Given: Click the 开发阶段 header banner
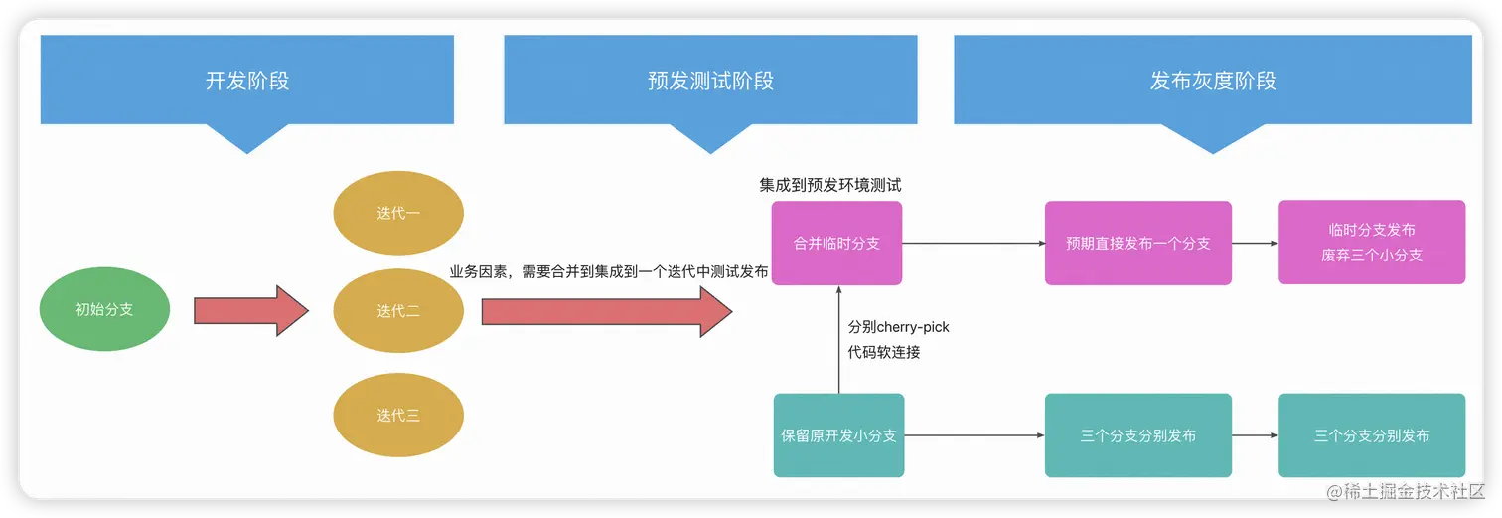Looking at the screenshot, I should (x=246, y=81).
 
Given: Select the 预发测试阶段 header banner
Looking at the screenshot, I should (x=709, y=81).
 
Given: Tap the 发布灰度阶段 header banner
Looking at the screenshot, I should (x=1212, y=81).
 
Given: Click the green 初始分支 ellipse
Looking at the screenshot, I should (x=104, y=309).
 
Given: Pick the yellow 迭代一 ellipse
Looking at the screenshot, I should (x=398, y=213).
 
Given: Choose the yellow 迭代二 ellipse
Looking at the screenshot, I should (x=398, y=311).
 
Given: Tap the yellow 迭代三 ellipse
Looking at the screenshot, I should (x=398, y=416).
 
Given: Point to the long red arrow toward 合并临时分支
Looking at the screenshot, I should (x=606, y=311).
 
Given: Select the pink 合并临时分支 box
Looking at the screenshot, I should (x=836, y=244).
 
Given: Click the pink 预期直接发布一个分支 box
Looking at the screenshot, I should (x=1137, y=244).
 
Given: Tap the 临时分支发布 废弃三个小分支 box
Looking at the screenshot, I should (x=1371, y=243).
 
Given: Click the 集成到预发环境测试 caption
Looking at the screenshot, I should (x=830, y=185).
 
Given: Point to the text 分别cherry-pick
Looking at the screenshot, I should (x=899, y=327).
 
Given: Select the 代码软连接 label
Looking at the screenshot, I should (x=884, y=352).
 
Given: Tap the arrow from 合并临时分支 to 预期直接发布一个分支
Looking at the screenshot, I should (x=973, y=244).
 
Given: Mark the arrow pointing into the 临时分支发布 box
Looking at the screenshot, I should (x=1255, y=244).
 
